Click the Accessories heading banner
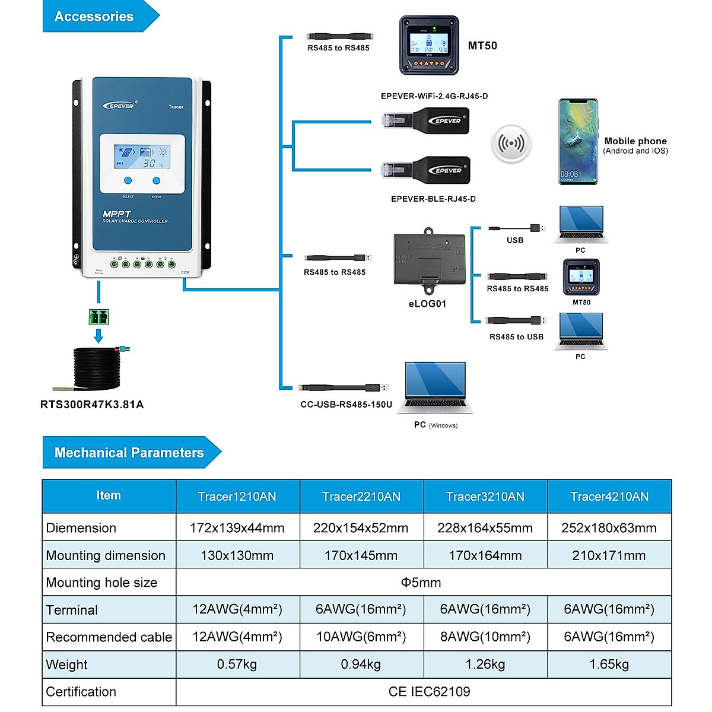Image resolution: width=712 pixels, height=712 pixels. (x=95, y=17)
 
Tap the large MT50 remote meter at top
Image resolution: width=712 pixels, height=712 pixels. (x=429, y=45)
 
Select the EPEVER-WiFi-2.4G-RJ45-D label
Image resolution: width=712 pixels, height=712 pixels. (x=434, y=96)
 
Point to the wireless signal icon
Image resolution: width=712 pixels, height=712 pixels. (x=511, y=144)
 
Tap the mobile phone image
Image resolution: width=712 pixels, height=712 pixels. (x=578, y=142)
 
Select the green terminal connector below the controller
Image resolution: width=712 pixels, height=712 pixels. (x=99, y=317)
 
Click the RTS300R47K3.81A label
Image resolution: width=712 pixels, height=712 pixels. (x=92, y=405)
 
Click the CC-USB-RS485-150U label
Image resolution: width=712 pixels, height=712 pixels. (x=346, y=405)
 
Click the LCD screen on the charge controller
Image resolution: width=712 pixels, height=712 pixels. (x=142, y=157)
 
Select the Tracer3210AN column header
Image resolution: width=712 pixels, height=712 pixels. (x=485, y=497)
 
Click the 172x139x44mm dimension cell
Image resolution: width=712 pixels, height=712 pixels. (x=237, y=528)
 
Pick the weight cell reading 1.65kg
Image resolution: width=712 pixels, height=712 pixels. (x=609, y=665)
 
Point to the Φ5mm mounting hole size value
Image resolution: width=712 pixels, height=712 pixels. (x=421, y=583)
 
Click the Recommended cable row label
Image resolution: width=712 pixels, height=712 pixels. (x=109, y=637)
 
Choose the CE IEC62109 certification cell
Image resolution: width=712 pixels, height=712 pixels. (x=429, y=692)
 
